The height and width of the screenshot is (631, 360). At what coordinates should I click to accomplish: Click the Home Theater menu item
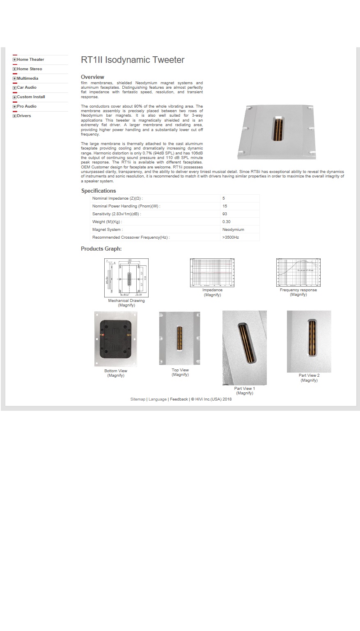click(x=30, y=60)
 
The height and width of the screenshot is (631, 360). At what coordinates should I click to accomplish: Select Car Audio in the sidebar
click(x=27, y=88)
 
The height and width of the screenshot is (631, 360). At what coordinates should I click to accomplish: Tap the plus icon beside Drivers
click(x=14, y=116)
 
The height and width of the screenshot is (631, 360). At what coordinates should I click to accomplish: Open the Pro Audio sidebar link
click(x=27, y=106)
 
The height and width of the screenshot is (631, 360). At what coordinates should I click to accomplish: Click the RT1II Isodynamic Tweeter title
click(x=133, y=60)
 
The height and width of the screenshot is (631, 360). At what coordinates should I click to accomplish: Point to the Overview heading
click(x=92, y=77)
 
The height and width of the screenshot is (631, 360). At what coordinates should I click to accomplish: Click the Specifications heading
click(x=99, y=191)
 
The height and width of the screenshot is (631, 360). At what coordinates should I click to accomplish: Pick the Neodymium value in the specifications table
click(x=233, y=230)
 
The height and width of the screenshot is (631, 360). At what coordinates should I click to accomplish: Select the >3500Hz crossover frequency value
click(x=231, y=237)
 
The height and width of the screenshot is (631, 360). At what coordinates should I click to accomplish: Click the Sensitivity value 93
click(x=225, y=214)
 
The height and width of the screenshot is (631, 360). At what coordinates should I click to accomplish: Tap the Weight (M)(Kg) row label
click(x=107, y=222)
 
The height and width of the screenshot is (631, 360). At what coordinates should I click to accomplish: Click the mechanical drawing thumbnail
click(x=126, y=278)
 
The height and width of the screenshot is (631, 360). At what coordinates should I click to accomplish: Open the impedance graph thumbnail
click(x=212, y=272)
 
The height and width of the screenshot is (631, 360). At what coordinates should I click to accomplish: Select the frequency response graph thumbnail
click(x=298, y=272)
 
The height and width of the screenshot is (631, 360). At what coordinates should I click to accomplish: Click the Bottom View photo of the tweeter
click(x=116, y=339)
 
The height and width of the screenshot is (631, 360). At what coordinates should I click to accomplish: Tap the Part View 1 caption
click(x=245, y=389)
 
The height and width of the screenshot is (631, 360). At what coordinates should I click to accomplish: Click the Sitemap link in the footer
click(x=138, y=399)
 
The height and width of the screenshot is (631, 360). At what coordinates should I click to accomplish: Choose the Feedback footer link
click(x=179, y=399)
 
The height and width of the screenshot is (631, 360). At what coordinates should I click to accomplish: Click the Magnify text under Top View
click(x=180, y=375)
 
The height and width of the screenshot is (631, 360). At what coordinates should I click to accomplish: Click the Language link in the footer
click(x=158, y=399)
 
